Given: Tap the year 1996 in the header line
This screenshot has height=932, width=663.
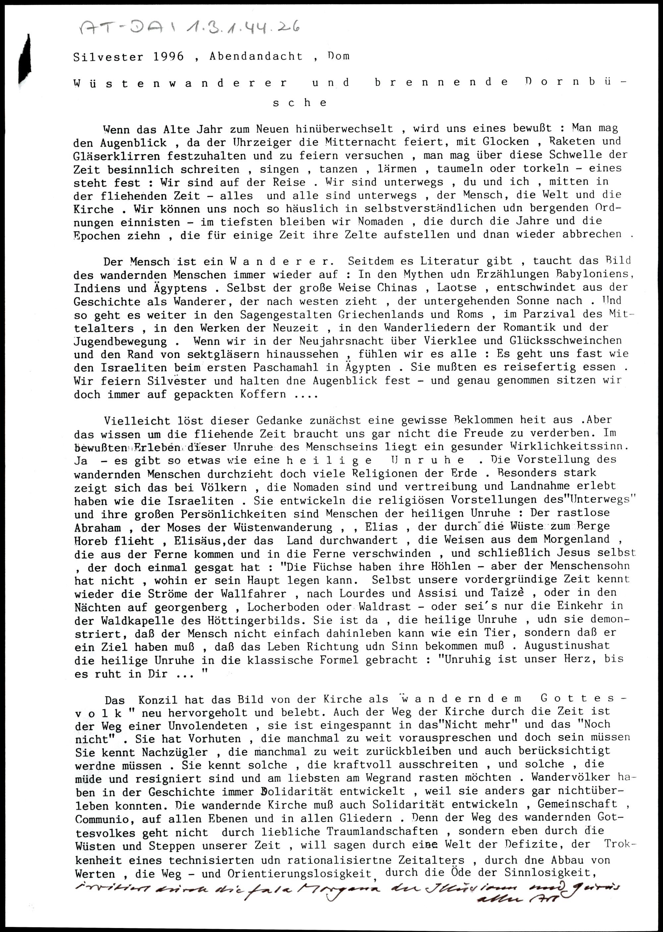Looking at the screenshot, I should (169, 56).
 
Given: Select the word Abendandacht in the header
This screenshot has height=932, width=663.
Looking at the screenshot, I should (256, 56).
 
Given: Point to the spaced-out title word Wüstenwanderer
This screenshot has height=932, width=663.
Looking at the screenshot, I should (180, 83).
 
